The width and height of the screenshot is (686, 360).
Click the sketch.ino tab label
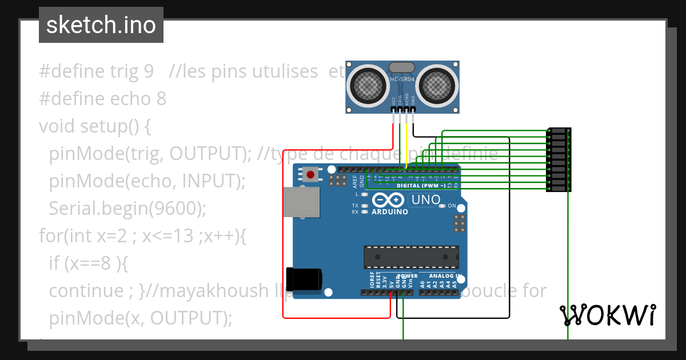coord(101,25)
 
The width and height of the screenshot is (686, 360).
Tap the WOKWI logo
coord(607,315)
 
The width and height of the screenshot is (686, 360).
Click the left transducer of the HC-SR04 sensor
coord(366,86)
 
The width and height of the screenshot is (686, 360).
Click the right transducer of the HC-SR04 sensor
coord(438,86)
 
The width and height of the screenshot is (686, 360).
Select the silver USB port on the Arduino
coord(301,203)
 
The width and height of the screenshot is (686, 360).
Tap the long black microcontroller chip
coord(411,257)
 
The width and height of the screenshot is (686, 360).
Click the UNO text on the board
coord(426,200)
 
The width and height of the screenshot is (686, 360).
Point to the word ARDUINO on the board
coord(390,212)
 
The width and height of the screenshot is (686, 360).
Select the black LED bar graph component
coord(559,159)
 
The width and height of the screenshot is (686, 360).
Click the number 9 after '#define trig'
coord(147,71)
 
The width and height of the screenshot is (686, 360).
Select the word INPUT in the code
coord(209,181)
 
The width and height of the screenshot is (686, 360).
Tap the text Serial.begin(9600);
coord(127,209)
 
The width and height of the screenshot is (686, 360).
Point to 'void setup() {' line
coord(95,126)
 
